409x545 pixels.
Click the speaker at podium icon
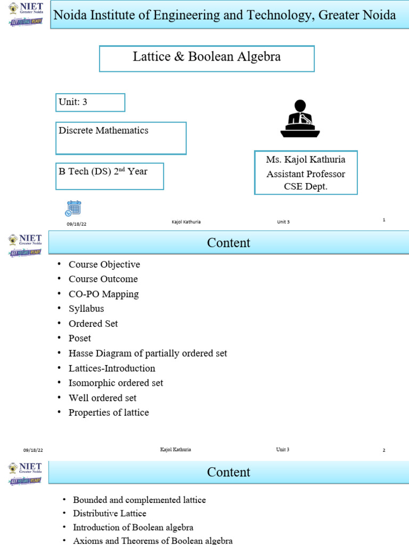tap(300, 119)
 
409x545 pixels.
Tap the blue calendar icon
tap(73, 208)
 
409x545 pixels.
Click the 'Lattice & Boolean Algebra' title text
tap(207, 56)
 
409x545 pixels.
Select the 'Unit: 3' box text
tap(72, 102)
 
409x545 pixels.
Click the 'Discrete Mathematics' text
tap(103, 130)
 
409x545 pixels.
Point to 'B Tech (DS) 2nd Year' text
tap(103, 171)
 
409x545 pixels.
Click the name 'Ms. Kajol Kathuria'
tap(306, 160)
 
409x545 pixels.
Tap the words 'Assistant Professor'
tap(306, 174)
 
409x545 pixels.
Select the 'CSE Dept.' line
tap(306, 187)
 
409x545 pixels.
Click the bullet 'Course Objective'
tap(104, 265)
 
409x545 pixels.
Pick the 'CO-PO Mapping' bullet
tap(104, 294)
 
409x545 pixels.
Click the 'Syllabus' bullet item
tap(86, 309)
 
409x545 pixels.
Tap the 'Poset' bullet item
tap(80, 338)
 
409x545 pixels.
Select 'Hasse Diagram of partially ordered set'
tap(148, 353)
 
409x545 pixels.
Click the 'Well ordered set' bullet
tap(103, 398)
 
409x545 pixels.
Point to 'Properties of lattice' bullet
tap(109, 412)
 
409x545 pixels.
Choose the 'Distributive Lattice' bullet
tap(110, 514)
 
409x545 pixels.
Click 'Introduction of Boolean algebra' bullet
tap(133, 527)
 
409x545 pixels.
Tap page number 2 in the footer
tap(384, 450)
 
